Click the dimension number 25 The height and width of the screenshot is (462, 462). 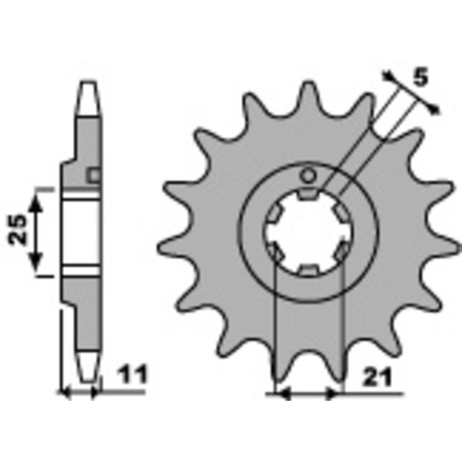[x=17, y=229]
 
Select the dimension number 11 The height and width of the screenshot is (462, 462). [x=132, y=374]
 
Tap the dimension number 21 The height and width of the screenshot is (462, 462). [x=378, y=377]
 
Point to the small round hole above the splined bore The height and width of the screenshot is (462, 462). [x=308, y=176]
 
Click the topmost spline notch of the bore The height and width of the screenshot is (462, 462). [x=307, y=193]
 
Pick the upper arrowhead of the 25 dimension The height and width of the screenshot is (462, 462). [x=36, y=203]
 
